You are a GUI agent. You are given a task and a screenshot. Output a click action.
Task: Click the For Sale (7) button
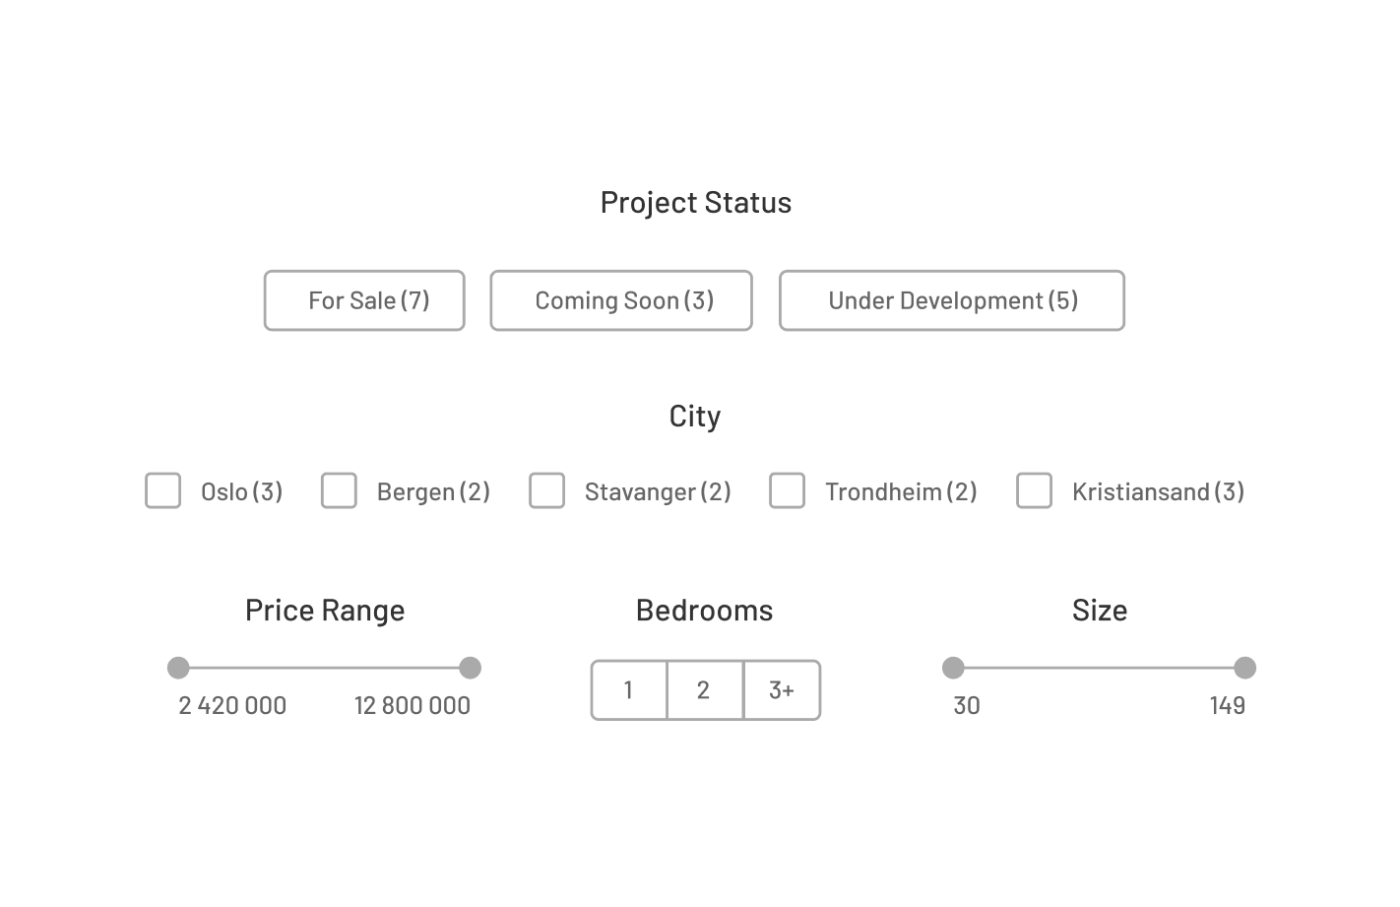[x=364, y=300]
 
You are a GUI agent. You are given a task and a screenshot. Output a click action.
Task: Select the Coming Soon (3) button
[x=621, y=300]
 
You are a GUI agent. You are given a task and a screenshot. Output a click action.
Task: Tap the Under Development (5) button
[x=951, y=300]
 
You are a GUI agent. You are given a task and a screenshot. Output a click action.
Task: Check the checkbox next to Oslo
[x=163, y=490]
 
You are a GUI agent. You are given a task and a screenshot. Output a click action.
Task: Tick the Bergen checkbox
[x=339, y=490]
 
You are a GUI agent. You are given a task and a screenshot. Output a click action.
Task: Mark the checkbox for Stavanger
[x=547, y=490]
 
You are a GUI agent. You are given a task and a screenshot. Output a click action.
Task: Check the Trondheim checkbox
[x=787, y=490]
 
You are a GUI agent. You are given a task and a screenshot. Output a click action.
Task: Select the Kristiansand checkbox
[x=1034, y=490]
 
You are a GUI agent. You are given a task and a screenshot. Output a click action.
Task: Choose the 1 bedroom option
[x=629, y=690]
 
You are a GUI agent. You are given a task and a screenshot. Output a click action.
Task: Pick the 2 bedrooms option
[x=704, y=690]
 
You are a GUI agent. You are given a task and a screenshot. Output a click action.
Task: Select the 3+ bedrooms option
[x=782, y=690]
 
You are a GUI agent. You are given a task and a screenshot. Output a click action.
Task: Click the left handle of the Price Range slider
[x=178, y=669]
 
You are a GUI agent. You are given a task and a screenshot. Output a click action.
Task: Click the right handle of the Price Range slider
[x=471, y=669]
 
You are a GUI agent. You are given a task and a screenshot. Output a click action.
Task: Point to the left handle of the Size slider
[x=953, y=669]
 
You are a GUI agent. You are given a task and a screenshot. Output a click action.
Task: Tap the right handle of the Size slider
[x=1245, y=669]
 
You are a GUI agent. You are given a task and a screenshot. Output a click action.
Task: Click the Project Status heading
[x=696, y=203]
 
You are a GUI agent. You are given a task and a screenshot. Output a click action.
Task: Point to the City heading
[x=695, y=417]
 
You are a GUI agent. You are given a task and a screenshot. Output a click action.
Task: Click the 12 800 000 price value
[x=413, y=706]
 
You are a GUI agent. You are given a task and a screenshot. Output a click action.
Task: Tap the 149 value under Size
[x=1228, y=706]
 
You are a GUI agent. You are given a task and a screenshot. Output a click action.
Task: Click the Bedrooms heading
[x=704, y=611]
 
